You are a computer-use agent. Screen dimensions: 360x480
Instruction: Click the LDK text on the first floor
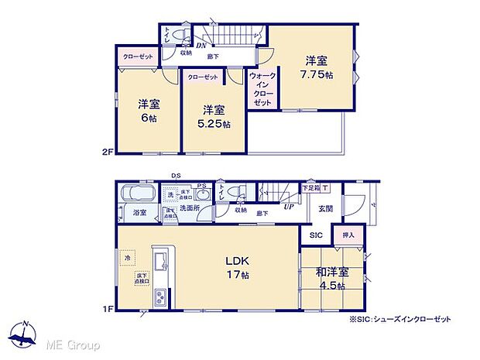point(237,259)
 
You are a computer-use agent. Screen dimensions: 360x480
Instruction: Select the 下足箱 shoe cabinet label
point(311,187)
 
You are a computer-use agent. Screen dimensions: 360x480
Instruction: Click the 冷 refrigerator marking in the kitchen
point(126,258)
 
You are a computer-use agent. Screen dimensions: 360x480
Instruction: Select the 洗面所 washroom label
point(190,208)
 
